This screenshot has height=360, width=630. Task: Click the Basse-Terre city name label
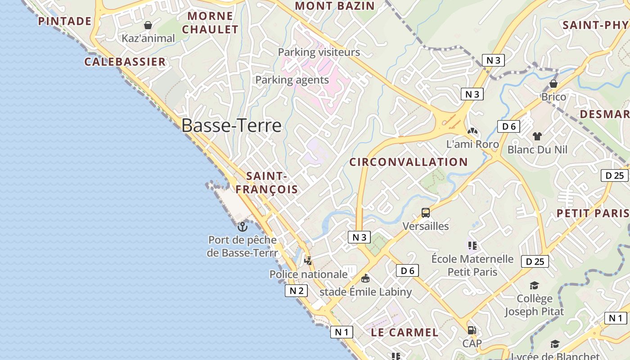pyautogui.click(x=231, y=126)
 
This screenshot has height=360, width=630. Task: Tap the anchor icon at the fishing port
pyautogui.click(x=243, y=226)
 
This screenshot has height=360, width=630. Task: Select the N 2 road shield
pyautogui.click(x=296, y=291)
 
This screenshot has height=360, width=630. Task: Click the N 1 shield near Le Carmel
pyautogui.click(x=342, y=332)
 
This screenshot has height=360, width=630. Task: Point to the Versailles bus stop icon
pyautogui.click(x=425, y=213)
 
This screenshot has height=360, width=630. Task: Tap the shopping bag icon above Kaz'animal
pyautogui.click(x=148, y=25)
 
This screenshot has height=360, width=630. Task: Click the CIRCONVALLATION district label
pyautogui.click(x=409, y=162)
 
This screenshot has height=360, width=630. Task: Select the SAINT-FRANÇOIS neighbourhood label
pyautogui.click(x=266, y=183)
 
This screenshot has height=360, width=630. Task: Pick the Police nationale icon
pyautogui.click(x=308, y=261)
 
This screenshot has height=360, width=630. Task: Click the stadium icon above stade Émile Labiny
pyautogui.click(x=365, y=279)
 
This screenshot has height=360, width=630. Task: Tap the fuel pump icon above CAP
pyautogui.click(x=472, y=330)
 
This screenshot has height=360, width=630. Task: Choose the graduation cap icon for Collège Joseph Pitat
pyautogui.click(x=534, y=285)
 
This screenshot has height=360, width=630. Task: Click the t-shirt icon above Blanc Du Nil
pyautogui.click(x=537, y=136)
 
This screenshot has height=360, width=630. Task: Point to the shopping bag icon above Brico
pyautogui.click(x=553, y=84)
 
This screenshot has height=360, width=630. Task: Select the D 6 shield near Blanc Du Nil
pyautogui.click(x=508, y=126)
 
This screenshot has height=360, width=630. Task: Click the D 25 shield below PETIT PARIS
pyautogui.click(x=535, y=261)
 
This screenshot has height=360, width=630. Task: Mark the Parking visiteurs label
pyautogui.click(x=319, y=52)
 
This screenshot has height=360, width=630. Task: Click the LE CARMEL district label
pyautogui.click(x=405, y=333)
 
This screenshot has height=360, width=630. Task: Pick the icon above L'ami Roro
pyautogui.click(x=472, y=131)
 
